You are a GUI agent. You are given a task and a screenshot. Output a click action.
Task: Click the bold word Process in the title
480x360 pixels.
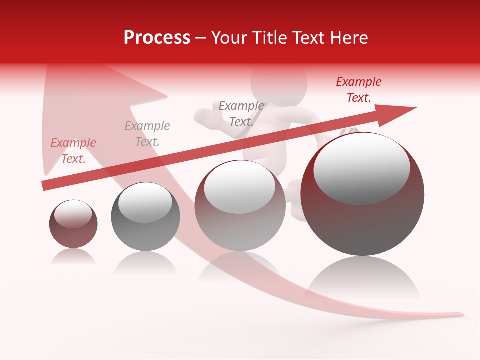click(157, 38)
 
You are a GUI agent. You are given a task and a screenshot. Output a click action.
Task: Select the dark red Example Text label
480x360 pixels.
click(358, 90)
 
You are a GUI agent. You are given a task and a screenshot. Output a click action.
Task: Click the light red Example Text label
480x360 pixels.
click(73, 151)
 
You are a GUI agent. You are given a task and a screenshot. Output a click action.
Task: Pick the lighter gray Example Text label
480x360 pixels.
click(147, 134)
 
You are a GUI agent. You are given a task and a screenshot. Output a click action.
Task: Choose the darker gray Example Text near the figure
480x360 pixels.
click(241, 114)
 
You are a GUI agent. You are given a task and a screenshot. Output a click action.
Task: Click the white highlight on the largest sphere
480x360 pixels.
click(361, 167)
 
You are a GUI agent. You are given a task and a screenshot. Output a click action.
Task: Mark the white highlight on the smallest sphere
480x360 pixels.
click(73, 213)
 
